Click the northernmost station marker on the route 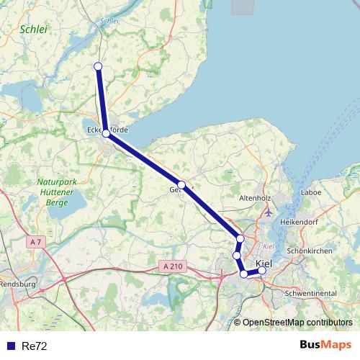98,66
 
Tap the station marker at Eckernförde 106,133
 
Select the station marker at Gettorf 182,185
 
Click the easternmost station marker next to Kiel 262,271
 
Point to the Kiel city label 264,264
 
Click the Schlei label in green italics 34,30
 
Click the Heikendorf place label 299,222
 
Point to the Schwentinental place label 312,294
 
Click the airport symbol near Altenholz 269,212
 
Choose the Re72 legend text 35,346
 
